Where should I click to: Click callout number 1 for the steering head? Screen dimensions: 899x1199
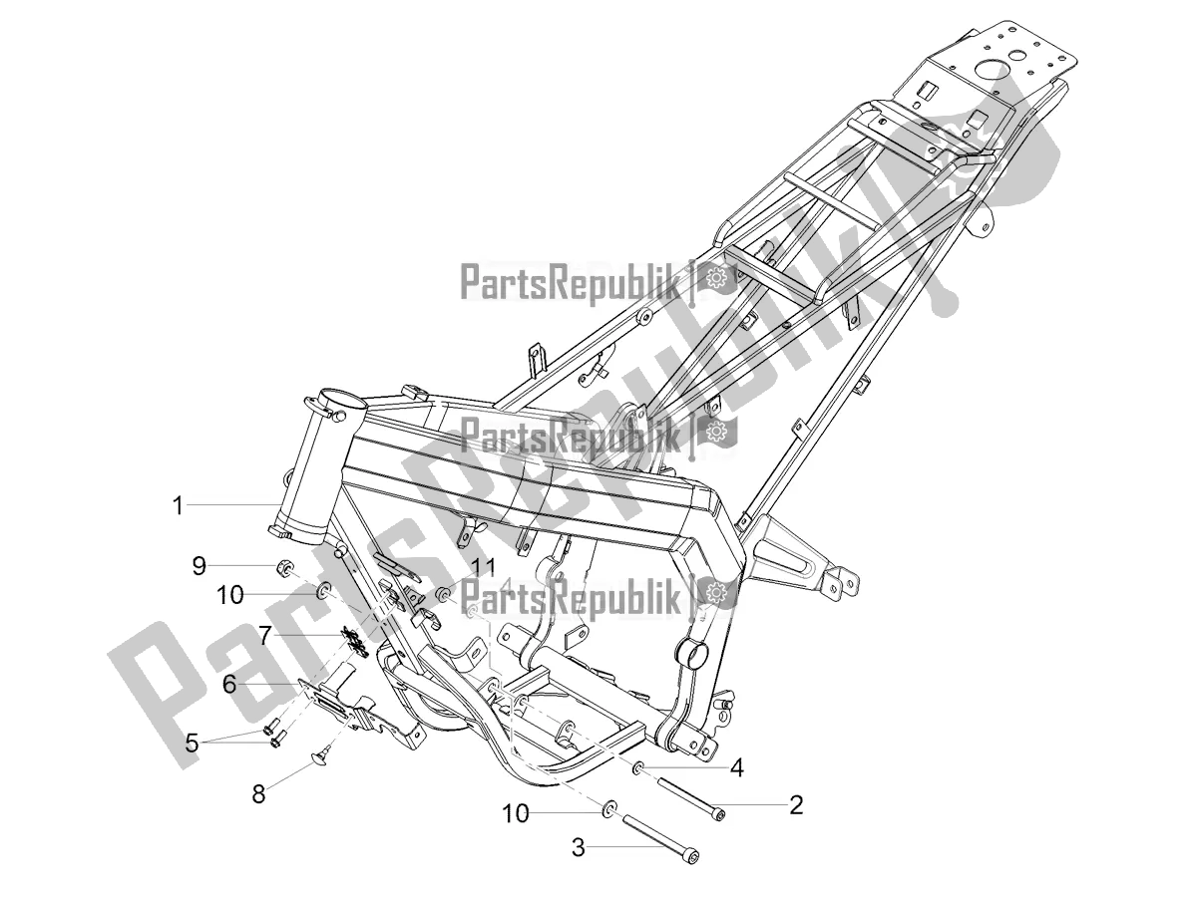point(178,506)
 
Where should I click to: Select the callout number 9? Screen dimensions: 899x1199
point(200,565)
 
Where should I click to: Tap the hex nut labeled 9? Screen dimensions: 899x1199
point(283,570)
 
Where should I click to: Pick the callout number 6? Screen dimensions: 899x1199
point(228,684)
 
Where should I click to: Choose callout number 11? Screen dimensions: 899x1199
point(483,567)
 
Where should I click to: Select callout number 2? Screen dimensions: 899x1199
point(796,804)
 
